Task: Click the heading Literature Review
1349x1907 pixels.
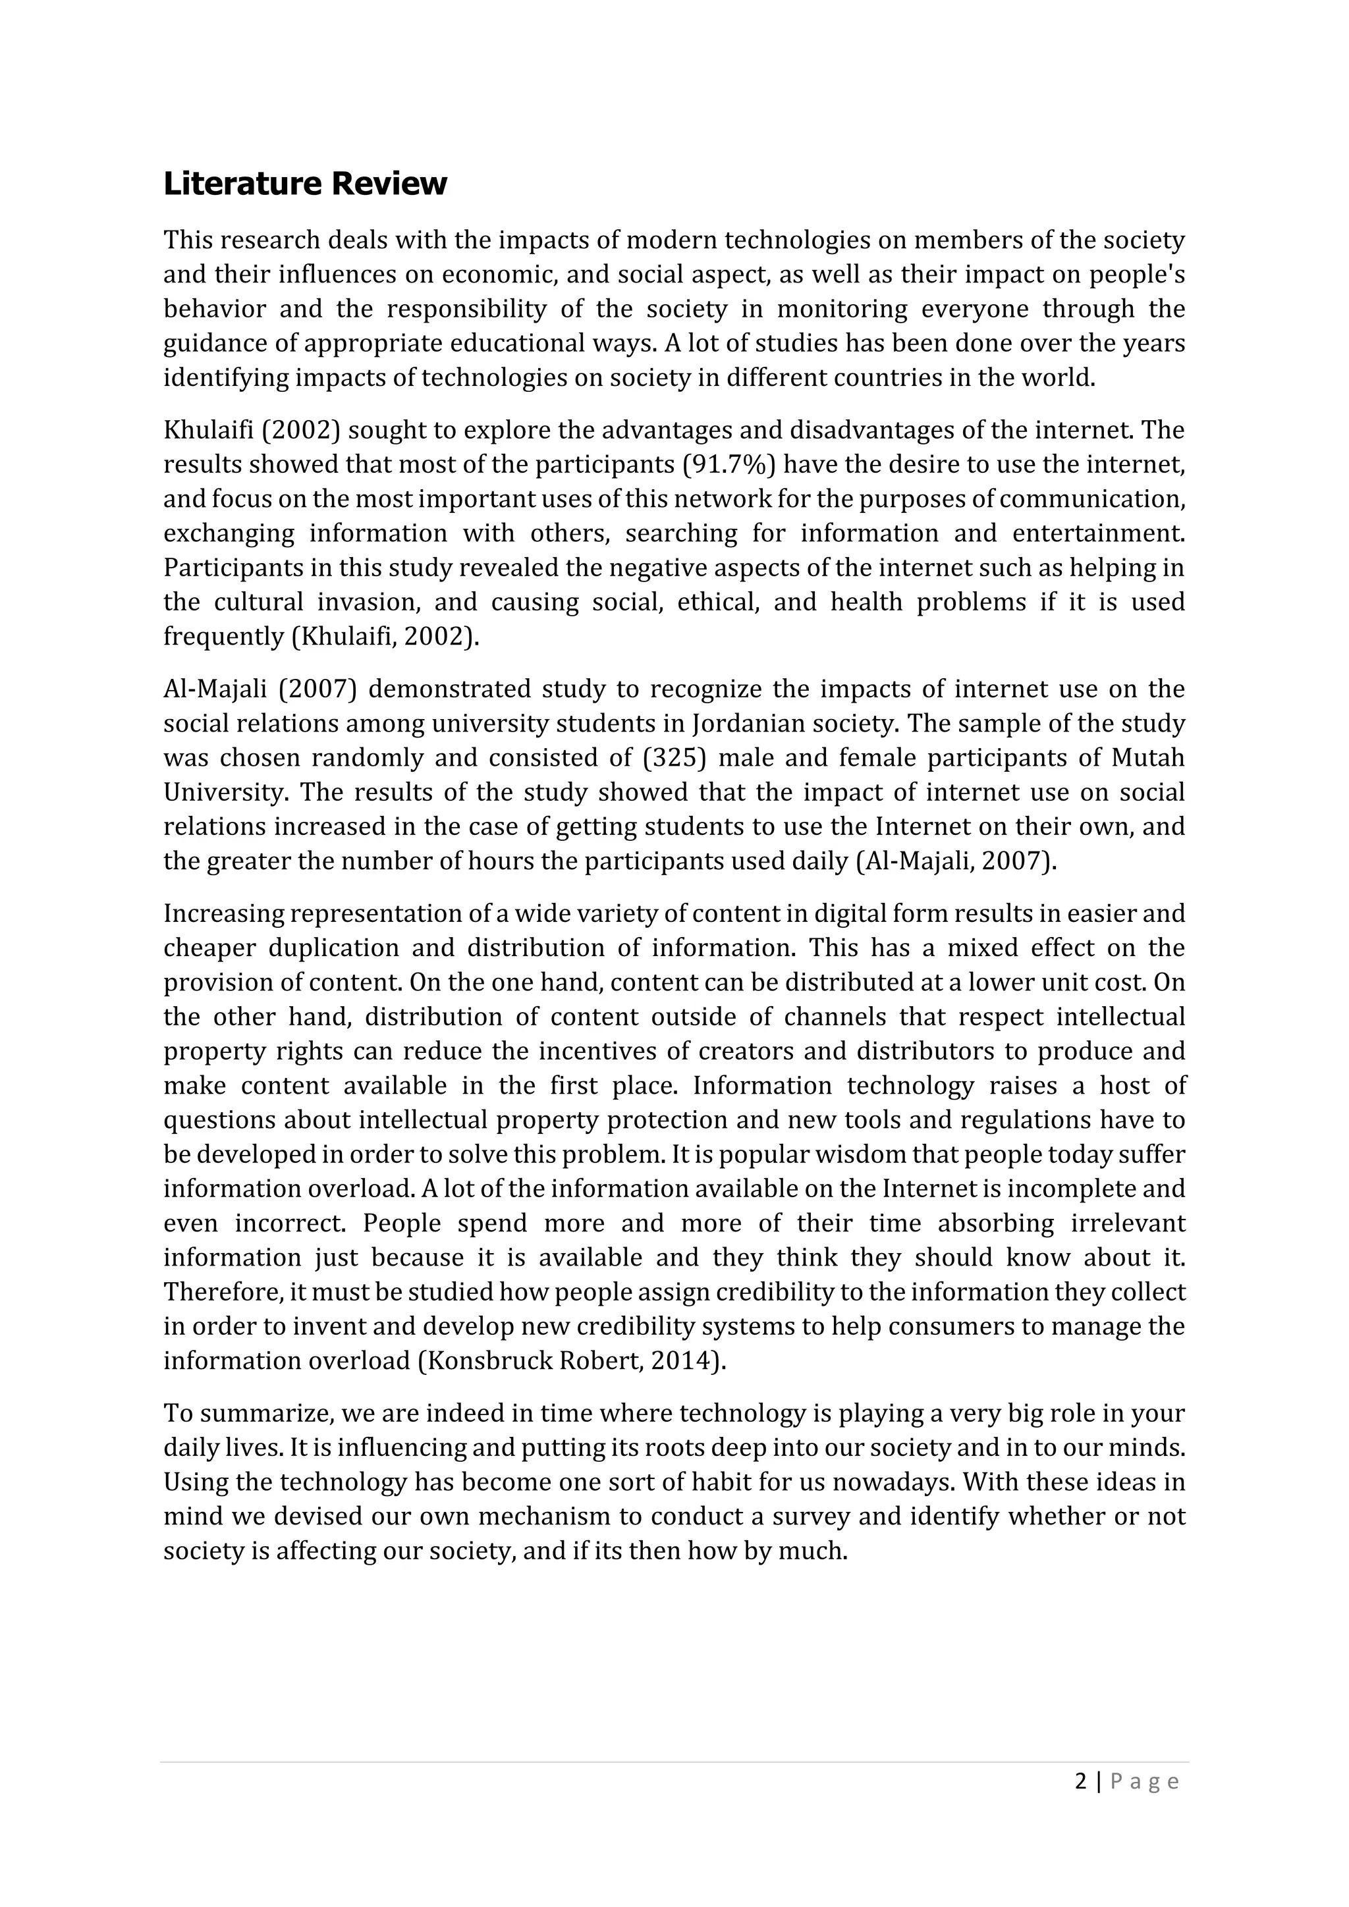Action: pyautogui.click(x=305, y=184)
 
